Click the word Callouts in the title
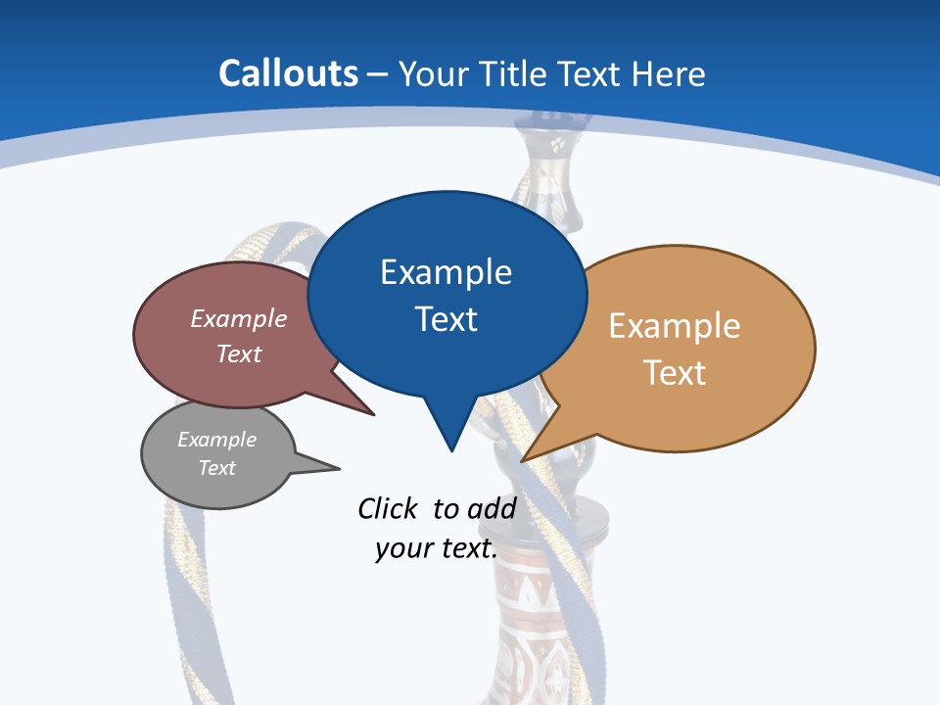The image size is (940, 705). [x=288, y=73]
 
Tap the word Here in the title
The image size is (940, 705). [x=669, y=73]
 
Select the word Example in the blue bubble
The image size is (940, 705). [x=446, y=272]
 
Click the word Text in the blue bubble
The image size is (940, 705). [x=446, y=318]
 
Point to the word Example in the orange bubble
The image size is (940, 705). [x=675, y=325]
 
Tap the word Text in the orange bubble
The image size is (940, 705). [x=675, y=372]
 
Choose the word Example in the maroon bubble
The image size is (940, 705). [x=239, y=318]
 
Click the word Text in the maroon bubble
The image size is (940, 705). [x=239, y=353]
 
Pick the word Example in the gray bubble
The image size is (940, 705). [x=216, y=440]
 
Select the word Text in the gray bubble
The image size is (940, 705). [x=216, y=468]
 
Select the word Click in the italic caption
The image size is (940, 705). [x=387, y=508]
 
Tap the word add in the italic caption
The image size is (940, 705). [x=492, y=508]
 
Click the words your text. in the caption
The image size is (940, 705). [x=436, y=548]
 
